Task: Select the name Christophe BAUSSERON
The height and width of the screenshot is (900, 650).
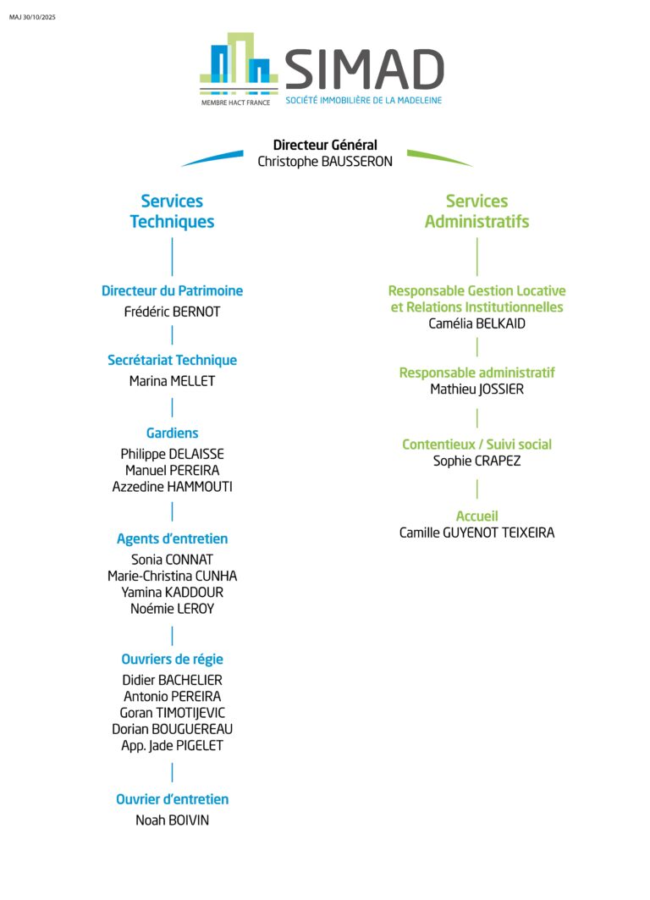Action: (325, 161)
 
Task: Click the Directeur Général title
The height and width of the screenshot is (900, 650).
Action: (325, 145)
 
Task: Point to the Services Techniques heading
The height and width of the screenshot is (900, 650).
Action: (172, 211)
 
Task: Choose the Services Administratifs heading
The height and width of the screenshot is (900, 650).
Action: (476, 211)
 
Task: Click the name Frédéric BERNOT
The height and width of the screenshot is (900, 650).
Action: (172, 312)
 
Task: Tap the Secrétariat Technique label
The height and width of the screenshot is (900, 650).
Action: (172, 360)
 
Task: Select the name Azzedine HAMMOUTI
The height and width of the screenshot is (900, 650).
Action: (172, 487)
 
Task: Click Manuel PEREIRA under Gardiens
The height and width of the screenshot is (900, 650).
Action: (172, 470)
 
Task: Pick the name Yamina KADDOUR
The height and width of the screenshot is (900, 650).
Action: (172, 592)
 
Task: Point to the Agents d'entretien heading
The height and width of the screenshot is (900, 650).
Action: (172, 538)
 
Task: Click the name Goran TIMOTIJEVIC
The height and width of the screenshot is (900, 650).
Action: (172, 713)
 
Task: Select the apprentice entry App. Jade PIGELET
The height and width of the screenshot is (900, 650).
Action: (172, 746)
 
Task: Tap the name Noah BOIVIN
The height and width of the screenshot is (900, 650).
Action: (172, 820)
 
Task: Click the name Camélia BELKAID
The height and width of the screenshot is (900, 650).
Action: (476, 323)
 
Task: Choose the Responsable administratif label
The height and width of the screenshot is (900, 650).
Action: (476, 373)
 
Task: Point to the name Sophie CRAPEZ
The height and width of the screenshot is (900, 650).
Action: (476, 461)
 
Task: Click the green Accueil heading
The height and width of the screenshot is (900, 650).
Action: (476, 516)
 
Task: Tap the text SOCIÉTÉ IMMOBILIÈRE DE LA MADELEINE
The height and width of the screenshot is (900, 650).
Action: (363, 101)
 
